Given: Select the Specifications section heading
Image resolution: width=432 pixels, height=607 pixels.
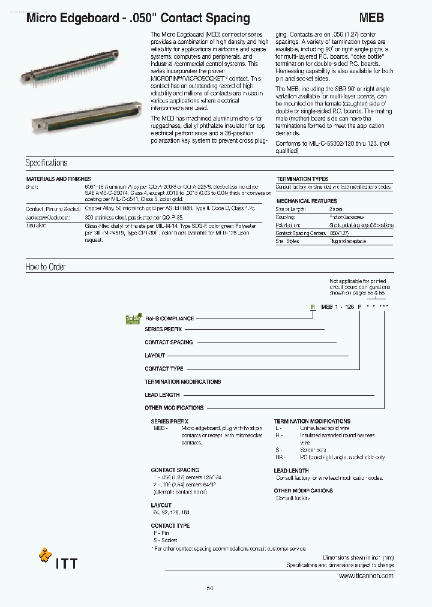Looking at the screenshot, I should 46,163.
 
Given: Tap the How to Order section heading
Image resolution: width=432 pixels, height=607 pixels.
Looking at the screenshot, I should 46,267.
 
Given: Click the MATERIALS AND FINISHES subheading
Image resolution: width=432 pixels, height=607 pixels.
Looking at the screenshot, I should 58,179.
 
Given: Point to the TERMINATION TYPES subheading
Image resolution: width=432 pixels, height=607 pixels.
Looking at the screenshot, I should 302,179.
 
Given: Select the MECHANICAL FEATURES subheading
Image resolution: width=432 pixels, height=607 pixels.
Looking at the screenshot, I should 307,201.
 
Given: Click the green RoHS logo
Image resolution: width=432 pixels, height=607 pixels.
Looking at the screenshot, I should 133,319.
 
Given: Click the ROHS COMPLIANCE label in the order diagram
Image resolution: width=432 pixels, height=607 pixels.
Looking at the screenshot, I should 169,318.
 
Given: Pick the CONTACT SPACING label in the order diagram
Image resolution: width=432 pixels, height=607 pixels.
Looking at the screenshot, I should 169,342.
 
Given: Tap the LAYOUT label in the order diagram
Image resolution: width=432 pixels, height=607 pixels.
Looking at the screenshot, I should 155,356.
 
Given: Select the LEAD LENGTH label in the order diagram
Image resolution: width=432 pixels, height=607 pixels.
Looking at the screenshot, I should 162,395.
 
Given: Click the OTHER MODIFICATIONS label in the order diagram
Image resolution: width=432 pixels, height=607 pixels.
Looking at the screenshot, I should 174,408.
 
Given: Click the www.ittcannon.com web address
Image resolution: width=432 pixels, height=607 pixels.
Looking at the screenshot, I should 366,576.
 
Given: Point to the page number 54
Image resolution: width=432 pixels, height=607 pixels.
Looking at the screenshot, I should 209,588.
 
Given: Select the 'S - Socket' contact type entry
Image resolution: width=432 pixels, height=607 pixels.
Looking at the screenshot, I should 164,540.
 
